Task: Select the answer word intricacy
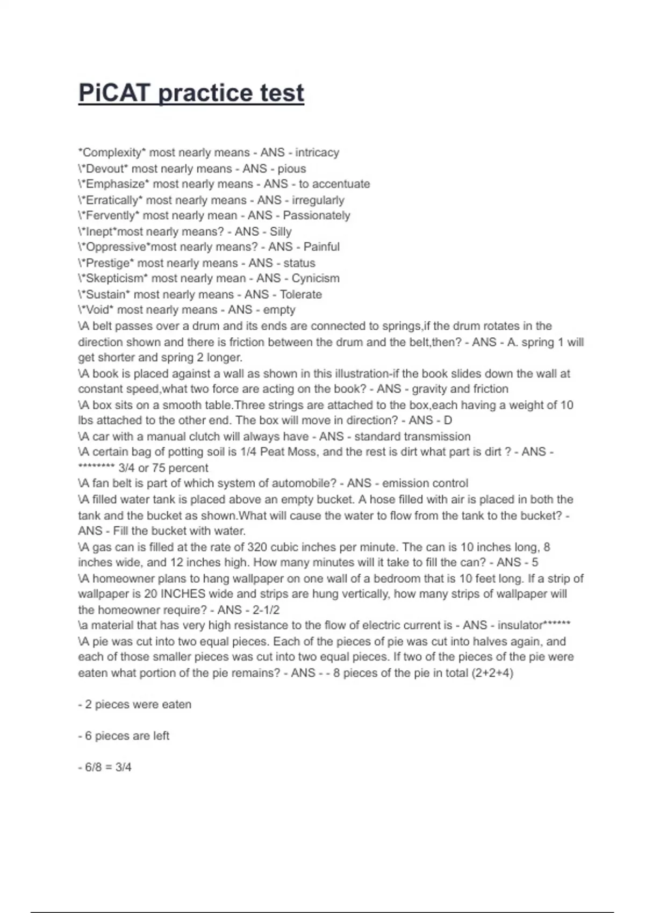click(317, 153)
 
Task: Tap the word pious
click(292, 169)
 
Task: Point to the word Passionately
click(317, 215)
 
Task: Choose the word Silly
click(281, 231)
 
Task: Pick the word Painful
click(321, 247)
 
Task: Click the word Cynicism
click(316, 279)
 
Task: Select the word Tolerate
click(301, 294)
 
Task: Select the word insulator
click(520, 626)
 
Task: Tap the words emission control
click(425, 483)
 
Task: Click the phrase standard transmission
click(412, 437)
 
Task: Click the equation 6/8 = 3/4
click(108, 767)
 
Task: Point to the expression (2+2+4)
click(492, 673)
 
